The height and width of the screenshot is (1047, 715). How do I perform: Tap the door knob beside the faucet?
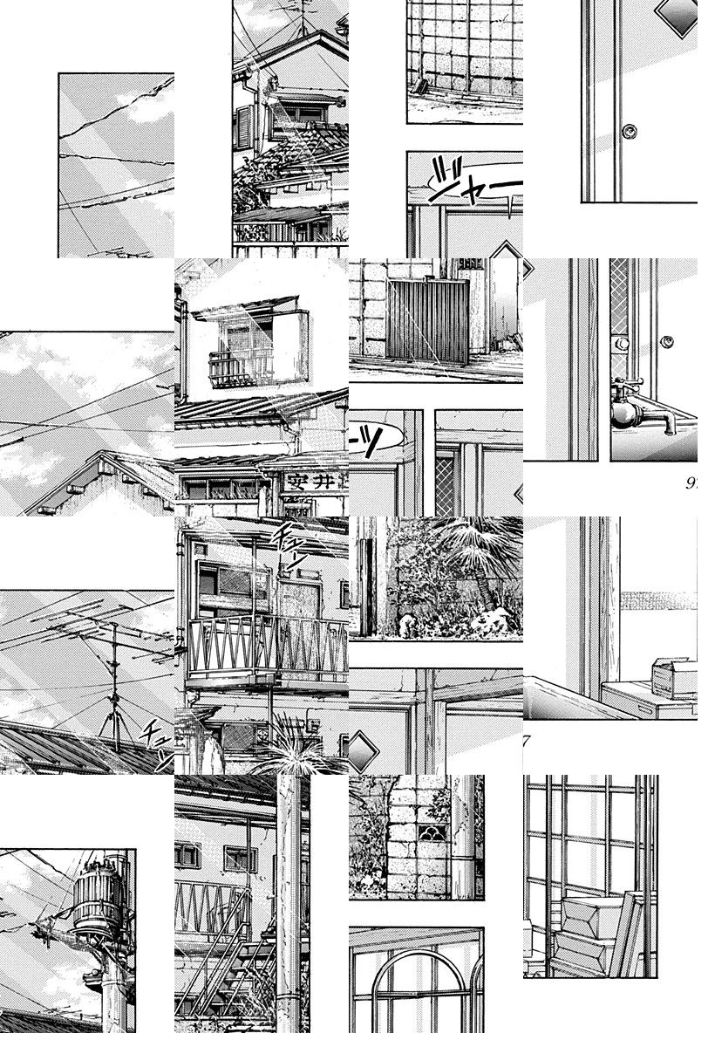pos(668,339)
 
